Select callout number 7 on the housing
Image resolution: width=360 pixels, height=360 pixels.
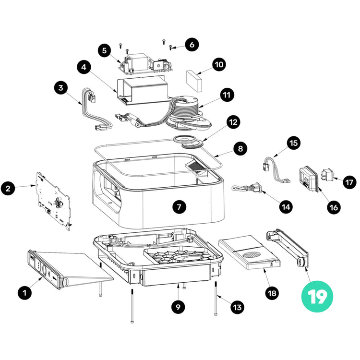click(179, 207)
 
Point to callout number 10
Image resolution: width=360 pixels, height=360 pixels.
click(219, 64)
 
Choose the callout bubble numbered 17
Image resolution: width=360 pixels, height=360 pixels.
click(349, 181)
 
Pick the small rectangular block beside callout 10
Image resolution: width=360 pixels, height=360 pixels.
click(195, 79)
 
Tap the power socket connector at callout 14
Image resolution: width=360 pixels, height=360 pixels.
click(250, 188)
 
